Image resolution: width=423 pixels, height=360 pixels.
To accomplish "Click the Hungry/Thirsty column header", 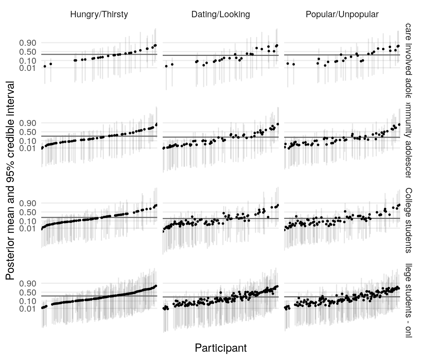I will (x=99, y=15).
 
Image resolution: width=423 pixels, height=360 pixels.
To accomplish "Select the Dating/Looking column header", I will (x=220, y=15).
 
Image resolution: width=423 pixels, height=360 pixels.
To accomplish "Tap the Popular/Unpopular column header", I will (x=342, y=15).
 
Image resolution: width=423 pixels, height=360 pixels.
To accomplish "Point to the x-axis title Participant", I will (x=220, y=348).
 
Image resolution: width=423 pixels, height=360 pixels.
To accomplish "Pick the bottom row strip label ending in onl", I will (x=409, y=300).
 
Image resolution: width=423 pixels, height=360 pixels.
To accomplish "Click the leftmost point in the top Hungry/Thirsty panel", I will (x=45, y=66).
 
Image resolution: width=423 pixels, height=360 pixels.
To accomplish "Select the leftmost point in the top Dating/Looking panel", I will (x=166, y=66).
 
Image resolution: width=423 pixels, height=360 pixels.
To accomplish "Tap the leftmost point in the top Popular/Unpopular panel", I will (x=288, y=63).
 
